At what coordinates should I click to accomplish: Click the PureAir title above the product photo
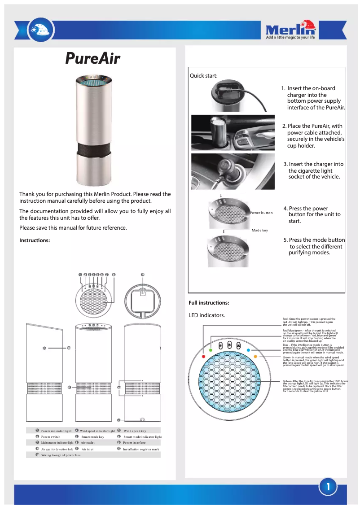[x=93, y=58]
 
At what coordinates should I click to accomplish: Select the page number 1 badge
[x=329, y=487]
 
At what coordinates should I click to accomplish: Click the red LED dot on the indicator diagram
[x=204, y=356]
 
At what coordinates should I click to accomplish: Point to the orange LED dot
[x=256, y=356]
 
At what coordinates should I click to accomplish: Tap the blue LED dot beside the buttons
[x=248, y=349]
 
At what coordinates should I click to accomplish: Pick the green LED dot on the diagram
[x=211, y=349]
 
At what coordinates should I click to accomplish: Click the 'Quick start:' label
[x=203, y=76]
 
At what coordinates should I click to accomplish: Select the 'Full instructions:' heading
[x=209, y=303]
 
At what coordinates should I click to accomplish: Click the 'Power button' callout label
[x=261, y=213]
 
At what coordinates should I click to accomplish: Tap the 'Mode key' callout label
[x=259, y=230]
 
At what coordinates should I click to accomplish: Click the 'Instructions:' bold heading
[x=35, y=240]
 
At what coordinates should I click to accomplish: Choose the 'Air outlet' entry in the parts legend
[x=88, y=442]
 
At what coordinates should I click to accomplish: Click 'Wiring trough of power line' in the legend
[x=61, y=455]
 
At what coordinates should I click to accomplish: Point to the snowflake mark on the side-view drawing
[x=44, y=348]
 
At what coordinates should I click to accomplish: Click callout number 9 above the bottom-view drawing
[x=142, y=274]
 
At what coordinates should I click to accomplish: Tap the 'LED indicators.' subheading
[x=207, y=315]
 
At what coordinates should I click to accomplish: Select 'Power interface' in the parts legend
[x=134, y=442]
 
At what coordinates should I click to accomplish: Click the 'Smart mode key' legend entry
[x=92, y=436]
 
